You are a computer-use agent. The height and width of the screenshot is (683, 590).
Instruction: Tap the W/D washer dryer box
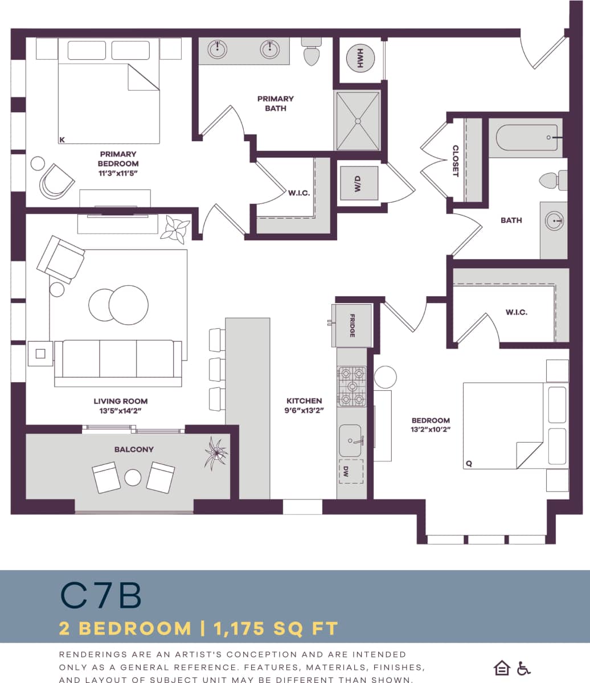(359, 183)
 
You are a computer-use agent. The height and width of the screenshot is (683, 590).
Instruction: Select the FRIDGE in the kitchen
(353, 326)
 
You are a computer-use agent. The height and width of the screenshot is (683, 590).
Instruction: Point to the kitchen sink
(351, 440)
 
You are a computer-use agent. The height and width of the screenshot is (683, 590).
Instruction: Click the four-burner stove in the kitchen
(351, 386)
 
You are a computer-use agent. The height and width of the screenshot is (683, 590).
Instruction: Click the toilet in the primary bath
(311, 53)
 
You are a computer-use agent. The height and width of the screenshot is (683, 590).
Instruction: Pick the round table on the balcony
(133, 477)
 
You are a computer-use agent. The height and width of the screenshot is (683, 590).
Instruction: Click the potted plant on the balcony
(216, 453)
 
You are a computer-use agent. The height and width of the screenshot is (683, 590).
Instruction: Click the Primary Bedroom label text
(118, 158)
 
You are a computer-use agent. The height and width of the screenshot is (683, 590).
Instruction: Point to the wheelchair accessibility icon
(523, 668)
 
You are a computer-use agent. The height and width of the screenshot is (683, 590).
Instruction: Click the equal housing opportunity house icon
(502, 668)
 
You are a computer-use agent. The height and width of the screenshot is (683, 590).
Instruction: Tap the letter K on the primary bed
(62, 139)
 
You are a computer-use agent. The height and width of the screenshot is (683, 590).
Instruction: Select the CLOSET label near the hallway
(456, 161)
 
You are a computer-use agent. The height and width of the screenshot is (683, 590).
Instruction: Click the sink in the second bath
(554, 220)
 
